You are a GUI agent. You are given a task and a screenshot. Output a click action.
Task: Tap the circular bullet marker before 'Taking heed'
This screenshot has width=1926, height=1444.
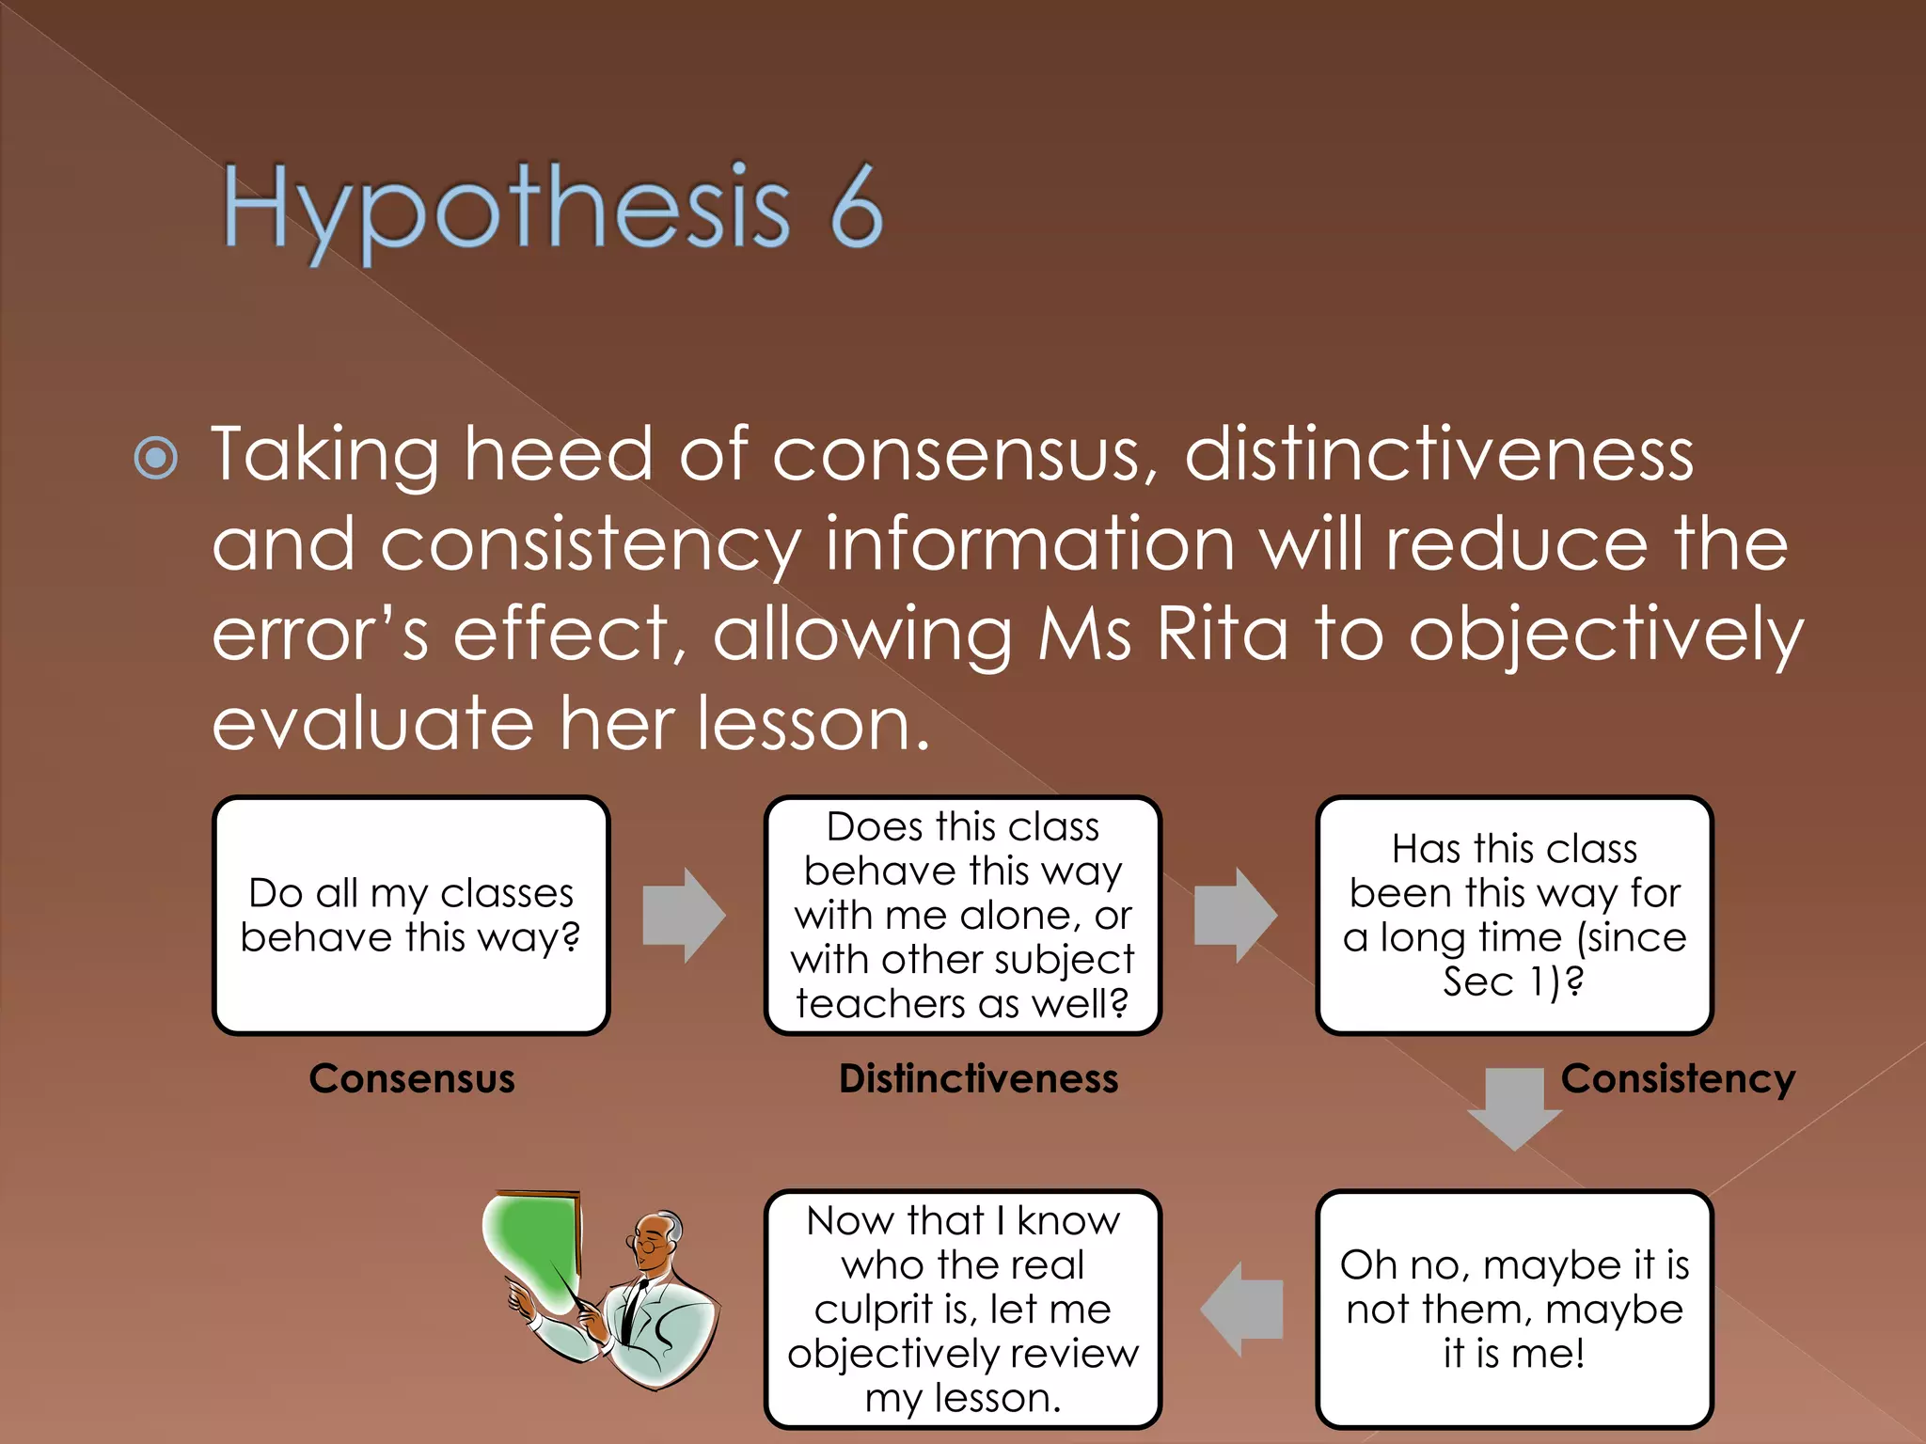[156, 459]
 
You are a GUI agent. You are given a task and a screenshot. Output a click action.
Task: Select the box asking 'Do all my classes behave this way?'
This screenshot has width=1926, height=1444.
[411, 915]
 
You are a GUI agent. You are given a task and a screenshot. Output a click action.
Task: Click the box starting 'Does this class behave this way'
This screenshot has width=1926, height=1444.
[963, 915]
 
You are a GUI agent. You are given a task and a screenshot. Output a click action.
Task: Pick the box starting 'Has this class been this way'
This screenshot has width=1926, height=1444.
[1514, 915]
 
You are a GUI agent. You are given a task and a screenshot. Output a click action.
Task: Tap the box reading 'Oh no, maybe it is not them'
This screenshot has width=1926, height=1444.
[1514, 1309]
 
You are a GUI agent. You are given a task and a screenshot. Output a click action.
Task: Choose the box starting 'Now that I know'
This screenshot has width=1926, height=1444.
[963, 1309]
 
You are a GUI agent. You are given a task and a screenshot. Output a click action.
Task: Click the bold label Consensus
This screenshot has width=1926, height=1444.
[412, 1078]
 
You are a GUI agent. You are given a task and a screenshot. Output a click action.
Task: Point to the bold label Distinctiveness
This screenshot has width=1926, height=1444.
[978, 1078]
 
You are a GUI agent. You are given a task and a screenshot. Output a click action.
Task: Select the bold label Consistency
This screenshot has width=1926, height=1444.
[1678, 1078]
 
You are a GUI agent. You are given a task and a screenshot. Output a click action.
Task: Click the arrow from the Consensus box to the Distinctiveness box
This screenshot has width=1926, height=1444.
[684, 915]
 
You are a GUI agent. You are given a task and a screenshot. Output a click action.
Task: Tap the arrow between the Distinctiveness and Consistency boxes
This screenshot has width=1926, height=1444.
[1235, 915]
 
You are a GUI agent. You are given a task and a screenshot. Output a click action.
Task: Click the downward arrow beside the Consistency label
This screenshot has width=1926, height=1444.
[1514, 1107]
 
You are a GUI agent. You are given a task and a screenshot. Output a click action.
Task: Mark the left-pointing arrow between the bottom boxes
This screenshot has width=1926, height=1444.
[1241, 1309]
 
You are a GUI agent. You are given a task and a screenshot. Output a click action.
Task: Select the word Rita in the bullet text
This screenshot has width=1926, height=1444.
[1222, 635]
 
